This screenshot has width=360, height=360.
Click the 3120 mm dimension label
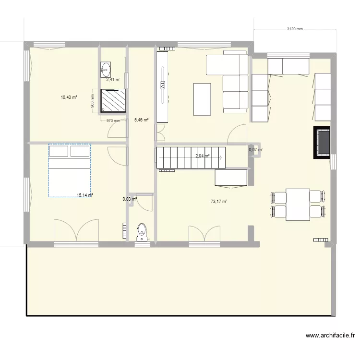click(295, 29)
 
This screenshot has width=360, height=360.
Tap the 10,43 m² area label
click(69, 97)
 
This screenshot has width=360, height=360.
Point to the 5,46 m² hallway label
click(141, 120)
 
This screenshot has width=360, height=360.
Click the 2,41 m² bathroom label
click(113, 80)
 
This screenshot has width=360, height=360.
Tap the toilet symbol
click(142, 231)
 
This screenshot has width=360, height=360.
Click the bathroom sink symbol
click(106, 69)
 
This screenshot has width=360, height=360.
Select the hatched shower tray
click(113, 100)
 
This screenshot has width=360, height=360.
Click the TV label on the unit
click(163, 86)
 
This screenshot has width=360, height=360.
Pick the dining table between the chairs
click(298, 204)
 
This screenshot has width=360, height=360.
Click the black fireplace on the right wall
click(322, 142)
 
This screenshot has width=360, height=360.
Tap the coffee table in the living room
click(202, 99)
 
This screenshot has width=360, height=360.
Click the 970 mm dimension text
click(113, 121)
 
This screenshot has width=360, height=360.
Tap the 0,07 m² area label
click(256, 150)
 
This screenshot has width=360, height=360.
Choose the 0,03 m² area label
click(130, 199)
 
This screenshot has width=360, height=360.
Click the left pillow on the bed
click(59, 152)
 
